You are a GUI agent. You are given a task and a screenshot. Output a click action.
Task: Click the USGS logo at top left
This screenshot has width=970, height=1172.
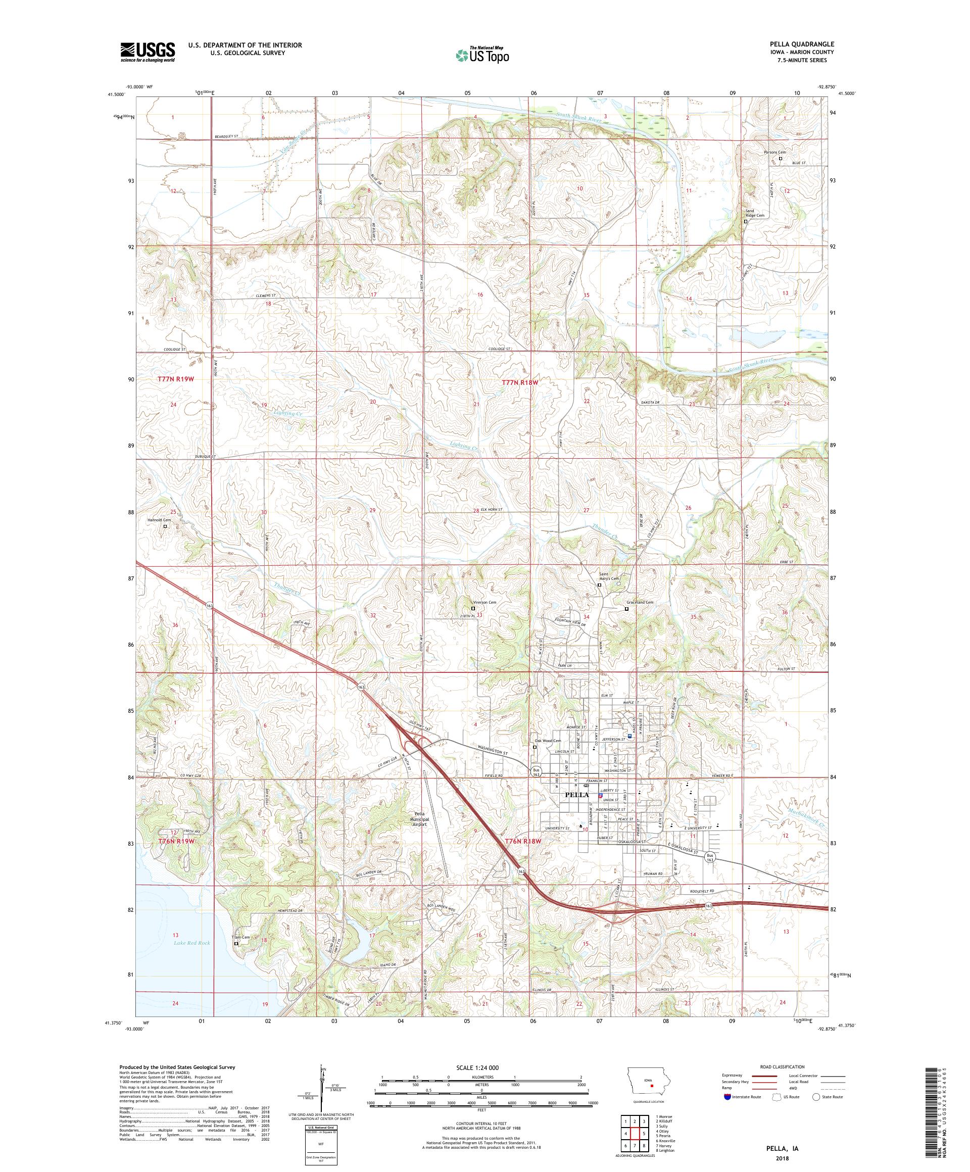[x=148, y=52]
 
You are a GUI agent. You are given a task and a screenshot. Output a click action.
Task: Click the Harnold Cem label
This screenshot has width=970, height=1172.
[x=159, y=520]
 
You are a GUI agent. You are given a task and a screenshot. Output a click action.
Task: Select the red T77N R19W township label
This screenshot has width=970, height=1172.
[x=175, y=379]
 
